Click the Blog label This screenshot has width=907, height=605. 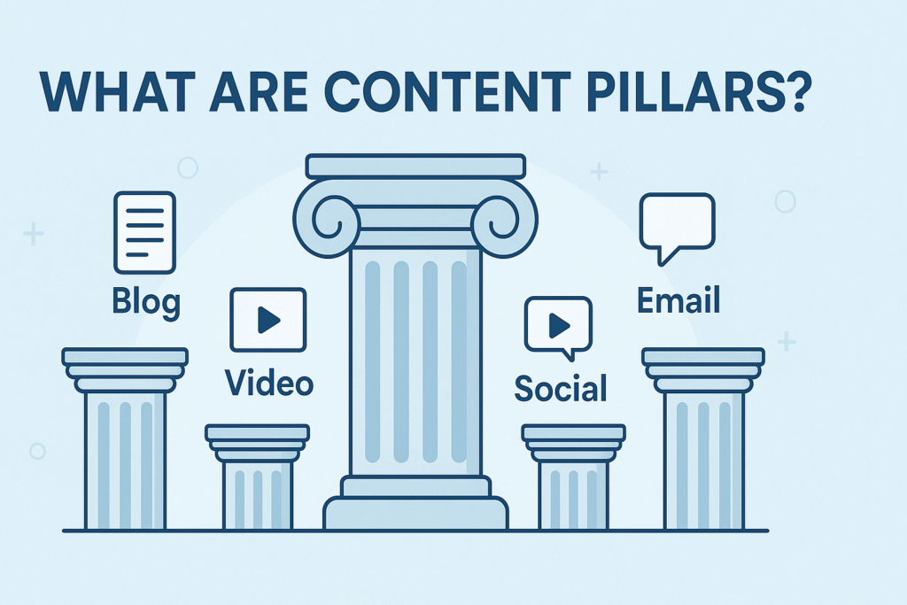[146, 302]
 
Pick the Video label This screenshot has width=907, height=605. [268, 383]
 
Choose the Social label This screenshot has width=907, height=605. [561, 388]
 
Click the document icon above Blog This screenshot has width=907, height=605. [144, 233]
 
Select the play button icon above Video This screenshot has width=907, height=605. [267, 320]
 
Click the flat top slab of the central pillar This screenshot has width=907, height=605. [415, 166]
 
